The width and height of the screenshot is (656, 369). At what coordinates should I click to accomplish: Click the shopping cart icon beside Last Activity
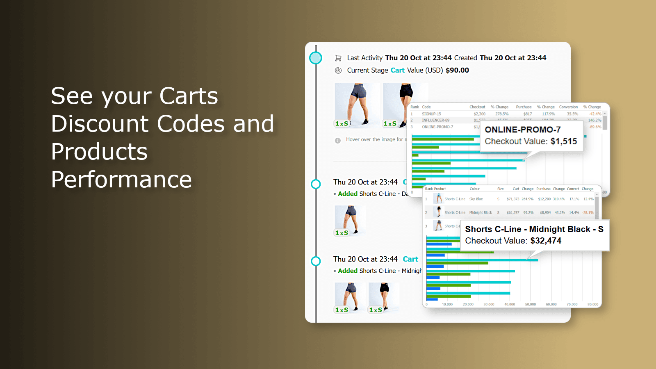pyautogui.click(x=338, y=58)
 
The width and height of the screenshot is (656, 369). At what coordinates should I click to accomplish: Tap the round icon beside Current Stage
pyautogui.click(x=338, y=71)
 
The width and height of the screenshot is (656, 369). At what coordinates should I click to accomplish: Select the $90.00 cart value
pyautogui.click(x=457, y=71)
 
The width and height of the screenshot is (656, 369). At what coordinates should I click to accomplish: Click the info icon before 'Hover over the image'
pyautogui.click(x=338, y=141)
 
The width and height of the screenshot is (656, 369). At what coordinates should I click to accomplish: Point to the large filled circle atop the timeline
pyautogui.click(x=316, y=58)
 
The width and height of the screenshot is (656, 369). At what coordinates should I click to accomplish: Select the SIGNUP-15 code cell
pyautogui.click(x=431, y=114)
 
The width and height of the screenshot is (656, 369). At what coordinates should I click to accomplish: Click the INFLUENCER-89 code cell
pyautogui.click(x=435, y=121)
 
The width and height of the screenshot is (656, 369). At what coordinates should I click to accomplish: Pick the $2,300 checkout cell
pyautogui.click(x=479, y=114)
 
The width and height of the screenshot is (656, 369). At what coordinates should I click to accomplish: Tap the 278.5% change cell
pyautogui.click(x=501, y=114)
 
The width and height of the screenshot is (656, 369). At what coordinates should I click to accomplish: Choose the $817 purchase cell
pyautogui.click(x=527, y=114)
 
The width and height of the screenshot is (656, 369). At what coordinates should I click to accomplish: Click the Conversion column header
pyautogui.click(x=568, y=107)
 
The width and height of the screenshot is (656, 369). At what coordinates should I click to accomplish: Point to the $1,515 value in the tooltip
pyautogui.click(x=564, y=141)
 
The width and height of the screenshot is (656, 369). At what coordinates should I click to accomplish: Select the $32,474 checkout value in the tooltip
pyautogui.click(x=546, y=241)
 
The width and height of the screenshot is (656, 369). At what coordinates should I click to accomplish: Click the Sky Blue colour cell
pyautogui.click(x=476, y=199)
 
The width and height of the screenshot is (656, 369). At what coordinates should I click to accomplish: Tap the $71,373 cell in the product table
pyautogui.click(x=513, y=199)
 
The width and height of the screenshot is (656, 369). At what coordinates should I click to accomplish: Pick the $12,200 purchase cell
pyautogui.click(x=544, y=199)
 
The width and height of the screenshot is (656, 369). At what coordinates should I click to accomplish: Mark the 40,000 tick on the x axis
pyautogui.click(x=510, y=305)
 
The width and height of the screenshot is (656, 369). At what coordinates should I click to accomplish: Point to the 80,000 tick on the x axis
pyautogui.click(x=592, y=305)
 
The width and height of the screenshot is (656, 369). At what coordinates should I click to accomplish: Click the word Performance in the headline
pyautogui.click(x=121, y=180)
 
